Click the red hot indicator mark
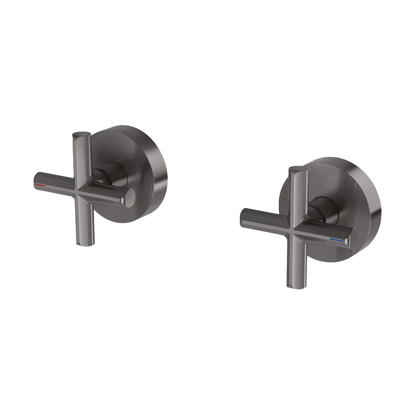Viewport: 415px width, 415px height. [x=41, y=185]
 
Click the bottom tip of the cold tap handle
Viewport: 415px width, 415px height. [x=293, y=284]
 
